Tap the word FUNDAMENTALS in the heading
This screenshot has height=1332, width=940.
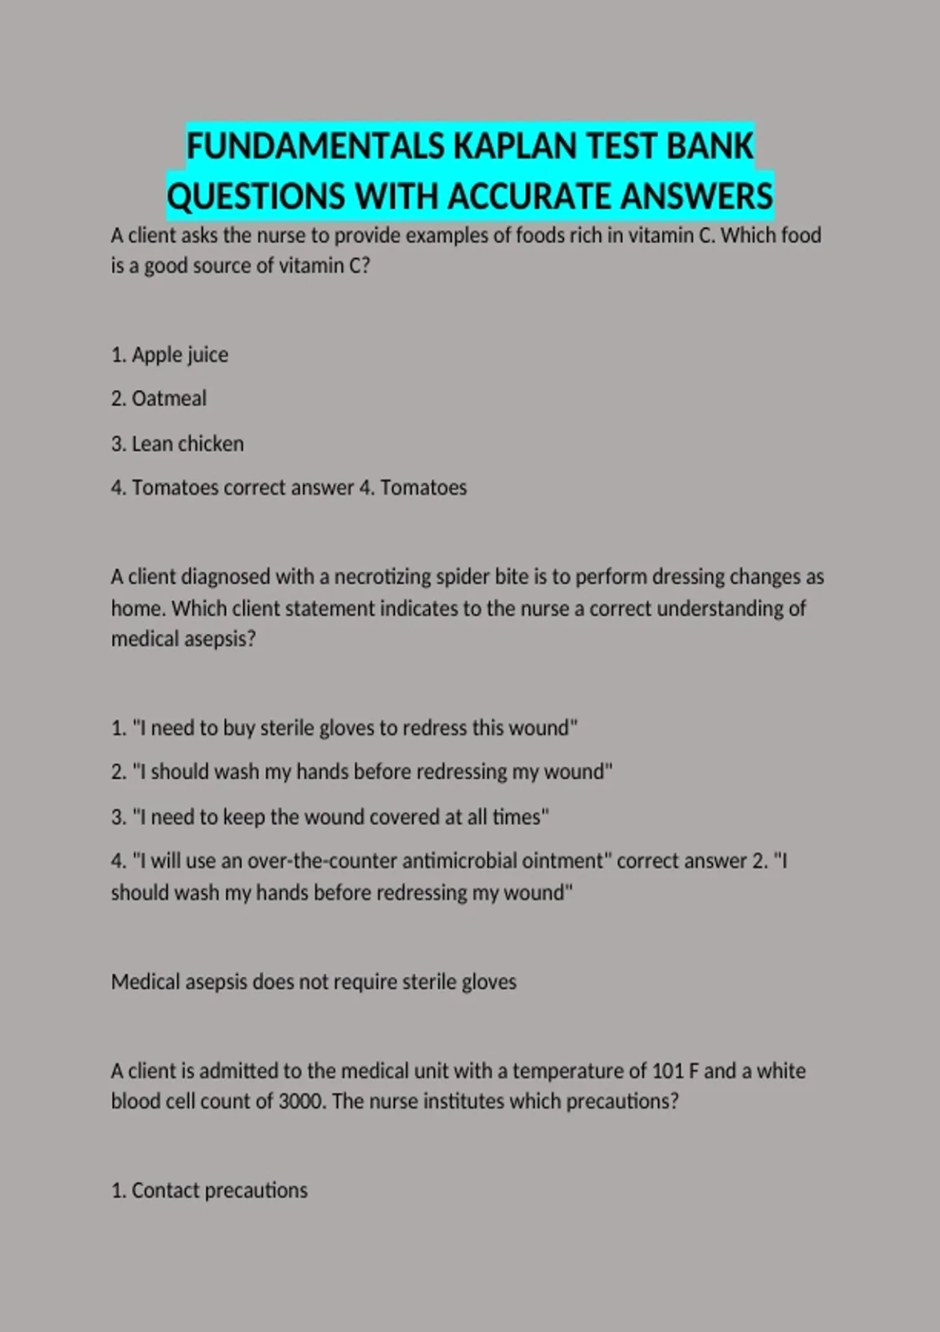coord(315,147)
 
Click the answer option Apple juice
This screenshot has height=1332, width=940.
coord(179,355)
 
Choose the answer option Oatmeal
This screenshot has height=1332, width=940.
coord(168,399)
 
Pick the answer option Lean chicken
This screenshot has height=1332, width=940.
coord(187,443)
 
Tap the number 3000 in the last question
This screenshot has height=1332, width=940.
coord(301,1102)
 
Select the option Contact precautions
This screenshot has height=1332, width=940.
coord(219,1191)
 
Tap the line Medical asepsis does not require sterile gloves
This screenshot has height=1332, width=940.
coord(313,982)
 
